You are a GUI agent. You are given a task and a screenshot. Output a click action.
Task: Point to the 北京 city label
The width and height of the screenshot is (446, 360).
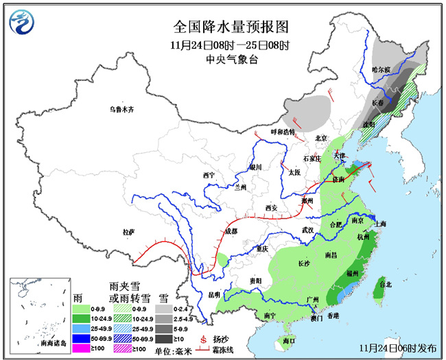click(x=321, y=137)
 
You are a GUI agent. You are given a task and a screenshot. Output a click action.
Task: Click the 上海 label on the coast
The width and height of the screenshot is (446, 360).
click(x=381, y=224)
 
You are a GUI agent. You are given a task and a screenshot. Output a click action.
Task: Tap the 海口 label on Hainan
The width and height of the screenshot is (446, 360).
click(x=288, y=340)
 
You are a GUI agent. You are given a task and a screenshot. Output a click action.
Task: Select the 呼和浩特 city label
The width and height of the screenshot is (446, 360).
click(x=282, y=131)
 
